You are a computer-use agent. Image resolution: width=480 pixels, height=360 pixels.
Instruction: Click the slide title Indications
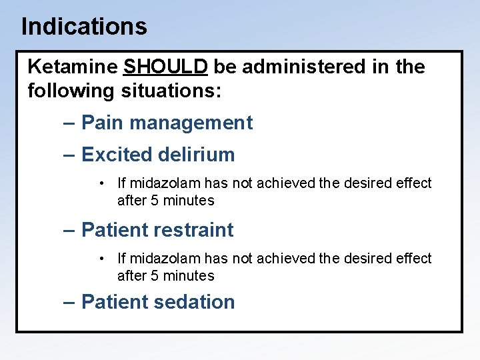click(84, 27)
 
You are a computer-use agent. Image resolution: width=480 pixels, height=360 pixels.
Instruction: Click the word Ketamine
click(73, 67)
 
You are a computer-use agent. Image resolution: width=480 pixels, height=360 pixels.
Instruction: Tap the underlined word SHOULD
click(166, 67)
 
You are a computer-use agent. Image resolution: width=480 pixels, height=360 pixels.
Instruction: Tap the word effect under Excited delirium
click(415, 183)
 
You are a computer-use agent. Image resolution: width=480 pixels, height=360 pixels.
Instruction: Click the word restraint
click(193, 230)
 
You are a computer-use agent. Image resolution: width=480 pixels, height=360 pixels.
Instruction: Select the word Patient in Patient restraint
click(114, 230)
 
